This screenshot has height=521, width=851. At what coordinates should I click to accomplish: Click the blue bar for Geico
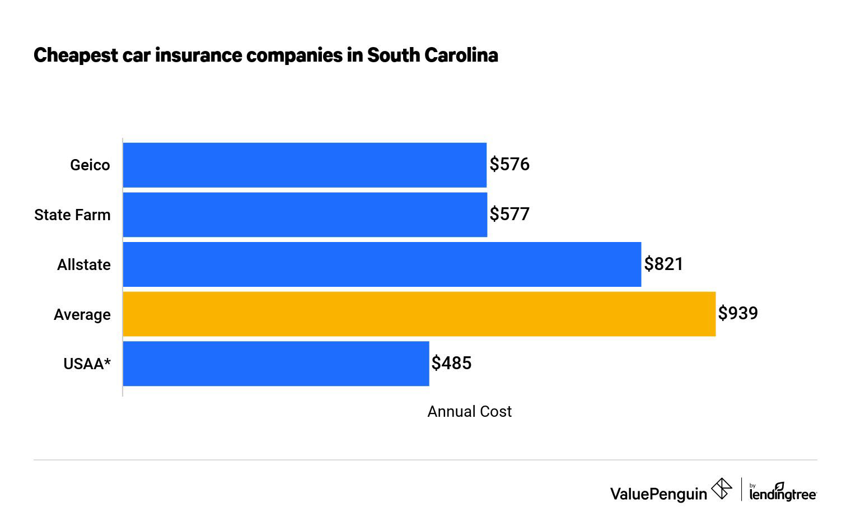click(x=305, y=165)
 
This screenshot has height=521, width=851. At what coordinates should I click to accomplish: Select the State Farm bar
click(x=305, y=215)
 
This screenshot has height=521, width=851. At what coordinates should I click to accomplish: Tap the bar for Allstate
click(x=382, y=264)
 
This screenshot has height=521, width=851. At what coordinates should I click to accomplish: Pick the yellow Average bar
click(x=419, y=314)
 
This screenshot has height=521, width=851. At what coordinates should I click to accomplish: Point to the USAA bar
click(x=275, y=364)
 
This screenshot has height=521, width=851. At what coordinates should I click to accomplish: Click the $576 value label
click(x=509, y=164)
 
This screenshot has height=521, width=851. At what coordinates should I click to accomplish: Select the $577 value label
click(x=509, y=214)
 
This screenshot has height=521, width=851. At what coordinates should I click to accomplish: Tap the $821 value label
click(x=663, y=264)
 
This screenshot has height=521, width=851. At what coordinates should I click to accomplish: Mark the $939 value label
click(x=738, y=313)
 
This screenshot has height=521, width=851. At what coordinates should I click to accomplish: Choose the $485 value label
click(x=451, y=363)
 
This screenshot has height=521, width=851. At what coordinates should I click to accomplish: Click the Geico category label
click(x=90, y=165)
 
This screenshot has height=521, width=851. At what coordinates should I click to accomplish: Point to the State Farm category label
click(x=72, y=215)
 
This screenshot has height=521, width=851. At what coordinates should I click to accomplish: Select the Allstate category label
click(x=84, y=264)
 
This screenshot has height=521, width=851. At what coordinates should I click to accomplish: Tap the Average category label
click(x=82, y=315)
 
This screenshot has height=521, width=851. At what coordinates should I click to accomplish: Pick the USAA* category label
click(x=87, y=364)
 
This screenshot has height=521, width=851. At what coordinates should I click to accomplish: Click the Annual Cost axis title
click(x=469, y=412)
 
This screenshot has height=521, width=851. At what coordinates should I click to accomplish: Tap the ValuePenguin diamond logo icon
click(x=721, y=489)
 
